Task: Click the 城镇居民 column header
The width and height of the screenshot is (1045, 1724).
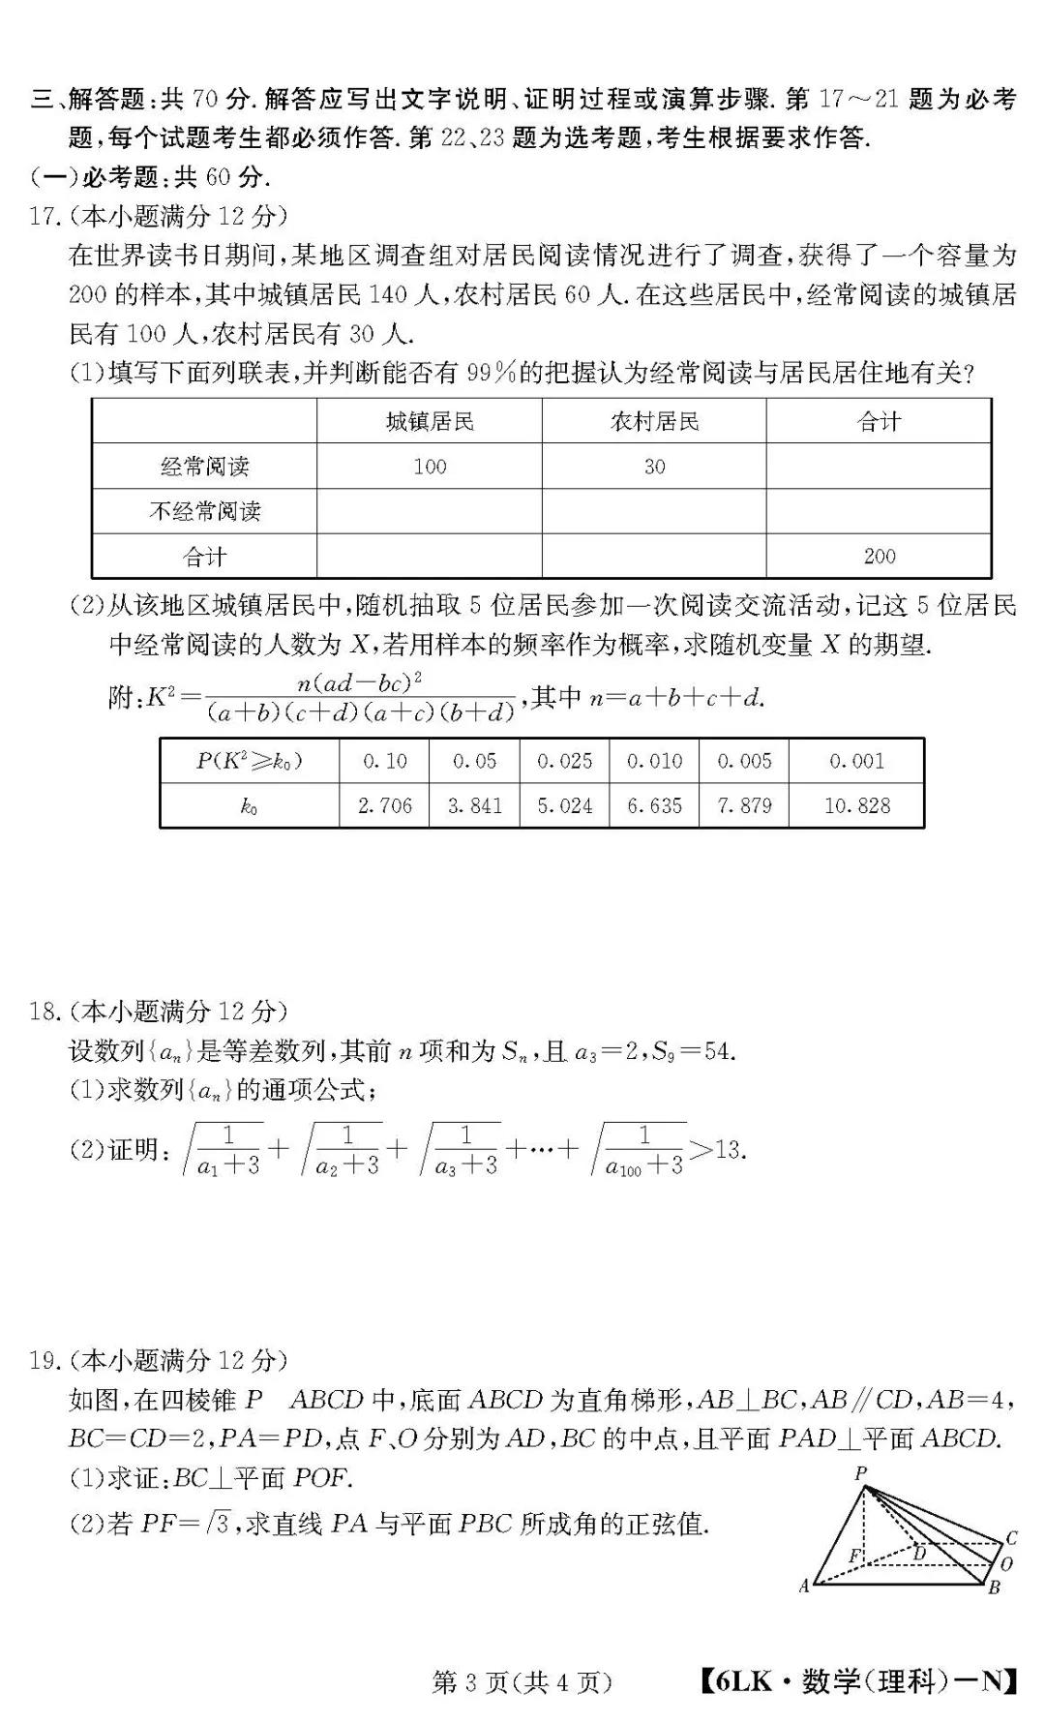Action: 430,421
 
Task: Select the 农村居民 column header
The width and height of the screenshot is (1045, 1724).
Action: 654,421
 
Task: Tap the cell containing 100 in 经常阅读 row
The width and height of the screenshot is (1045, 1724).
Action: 430,467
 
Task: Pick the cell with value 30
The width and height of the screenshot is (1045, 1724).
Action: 654,467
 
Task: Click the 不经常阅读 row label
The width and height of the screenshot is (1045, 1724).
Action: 204,511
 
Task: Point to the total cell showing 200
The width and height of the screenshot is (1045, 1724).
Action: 879,556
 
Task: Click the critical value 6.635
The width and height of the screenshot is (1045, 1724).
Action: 654,805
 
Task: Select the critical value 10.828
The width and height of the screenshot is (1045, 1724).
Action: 856,805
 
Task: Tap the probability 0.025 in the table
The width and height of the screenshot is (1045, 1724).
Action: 564,761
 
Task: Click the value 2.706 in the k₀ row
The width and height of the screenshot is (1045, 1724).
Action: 384,805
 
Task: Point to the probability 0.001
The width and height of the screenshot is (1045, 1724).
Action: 856,761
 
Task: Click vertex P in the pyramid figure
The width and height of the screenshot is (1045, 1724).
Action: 860,1473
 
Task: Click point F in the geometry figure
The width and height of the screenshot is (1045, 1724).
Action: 853,1556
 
